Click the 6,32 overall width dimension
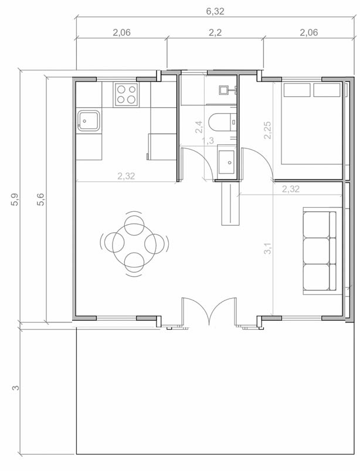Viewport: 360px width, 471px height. [215, 11]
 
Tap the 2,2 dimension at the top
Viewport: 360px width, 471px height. [215, 32]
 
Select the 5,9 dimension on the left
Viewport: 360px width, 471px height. [15, 199]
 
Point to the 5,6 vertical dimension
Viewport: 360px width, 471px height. [41, 199]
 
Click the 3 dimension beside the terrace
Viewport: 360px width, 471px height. [16, 388]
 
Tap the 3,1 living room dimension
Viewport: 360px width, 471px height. [267, 249]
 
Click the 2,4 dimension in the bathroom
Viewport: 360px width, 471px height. [199, 127]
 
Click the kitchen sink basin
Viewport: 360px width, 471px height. [89, 121]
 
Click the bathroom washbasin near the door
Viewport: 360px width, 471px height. [226, 162]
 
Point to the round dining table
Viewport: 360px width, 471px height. [134, 243]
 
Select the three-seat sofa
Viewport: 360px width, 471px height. [320, 251]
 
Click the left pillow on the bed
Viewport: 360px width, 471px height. [297, 90]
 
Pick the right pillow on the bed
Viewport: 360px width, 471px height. [327, 90]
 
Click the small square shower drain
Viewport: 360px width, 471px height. [223, 90]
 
